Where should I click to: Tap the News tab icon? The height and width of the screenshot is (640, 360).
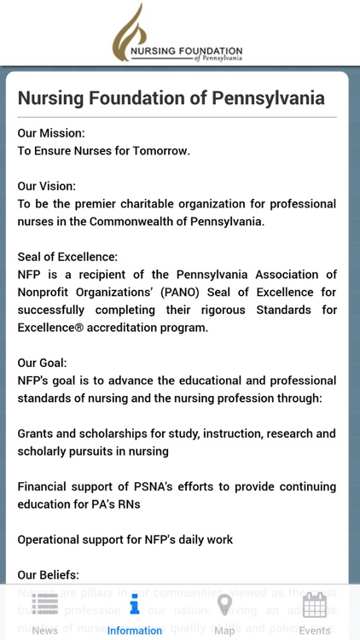(45, 604)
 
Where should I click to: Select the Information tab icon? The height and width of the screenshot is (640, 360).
(134, 606)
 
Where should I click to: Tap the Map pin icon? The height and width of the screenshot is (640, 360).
(224, 605)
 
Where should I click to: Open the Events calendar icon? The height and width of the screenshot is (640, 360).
(315, 605)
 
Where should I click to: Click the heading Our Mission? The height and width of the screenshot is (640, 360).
(51, 133)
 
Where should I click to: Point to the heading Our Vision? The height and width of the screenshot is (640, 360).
(47, 186)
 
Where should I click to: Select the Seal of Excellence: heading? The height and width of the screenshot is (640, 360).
(67, 257)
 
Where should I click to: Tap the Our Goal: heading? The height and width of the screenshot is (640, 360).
(42, 363)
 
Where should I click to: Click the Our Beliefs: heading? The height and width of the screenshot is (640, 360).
(49, 575)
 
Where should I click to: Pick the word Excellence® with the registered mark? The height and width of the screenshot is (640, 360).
(53, 328)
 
